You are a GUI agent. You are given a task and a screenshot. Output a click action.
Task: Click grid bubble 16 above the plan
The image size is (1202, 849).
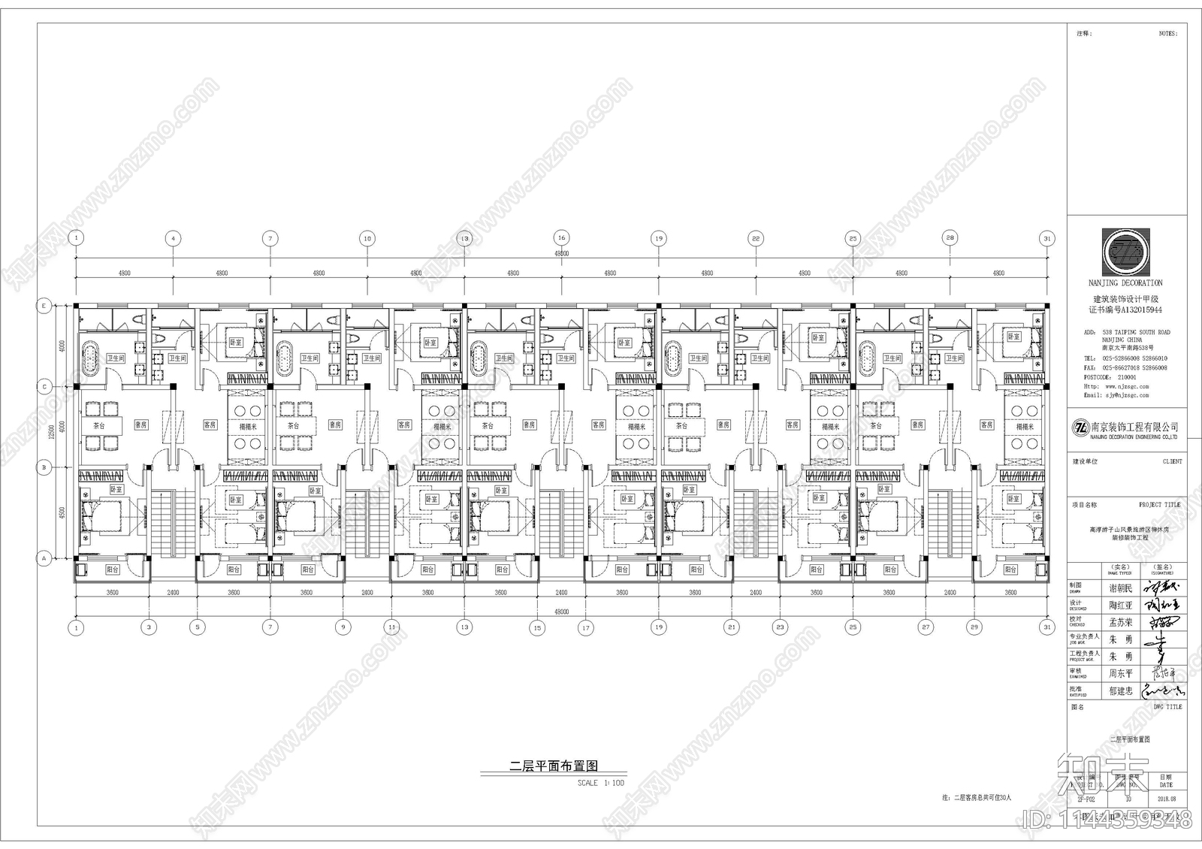561,238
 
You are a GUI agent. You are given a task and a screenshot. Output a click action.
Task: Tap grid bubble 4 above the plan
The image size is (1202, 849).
173,238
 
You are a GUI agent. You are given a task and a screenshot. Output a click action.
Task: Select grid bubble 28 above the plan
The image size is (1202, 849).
950,238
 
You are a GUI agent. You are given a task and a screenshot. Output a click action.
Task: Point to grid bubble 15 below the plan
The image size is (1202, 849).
537,627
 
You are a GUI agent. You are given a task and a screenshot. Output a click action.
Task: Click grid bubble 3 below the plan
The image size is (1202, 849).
149,627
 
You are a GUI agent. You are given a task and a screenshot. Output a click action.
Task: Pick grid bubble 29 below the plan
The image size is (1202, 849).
974,627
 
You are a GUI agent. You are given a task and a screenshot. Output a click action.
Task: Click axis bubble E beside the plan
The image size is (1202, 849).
44,306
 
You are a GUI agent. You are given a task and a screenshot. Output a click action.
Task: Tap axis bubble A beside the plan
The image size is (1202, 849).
44,558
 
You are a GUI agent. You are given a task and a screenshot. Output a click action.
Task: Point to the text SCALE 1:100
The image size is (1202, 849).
600,783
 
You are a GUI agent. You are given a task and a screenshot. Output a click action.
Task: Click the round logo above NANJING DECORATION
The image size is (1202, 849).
1125,252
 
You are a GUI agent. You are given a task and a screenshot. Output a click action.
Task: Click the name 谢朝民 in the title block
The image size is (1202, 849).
1120,588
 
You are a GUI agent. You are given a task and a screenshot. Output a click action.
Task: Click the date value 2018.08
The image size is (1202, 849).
1167,799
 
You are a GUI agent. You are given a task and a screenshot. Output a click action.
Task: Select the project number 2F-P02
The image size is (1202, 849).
1086,799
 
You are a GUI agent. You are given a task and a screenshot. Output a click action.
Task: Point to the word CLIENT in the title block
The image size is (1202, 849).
1171,461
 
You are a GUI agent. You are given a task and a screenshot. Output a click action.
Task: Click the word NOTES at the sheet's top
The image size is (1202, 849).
1168,34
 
